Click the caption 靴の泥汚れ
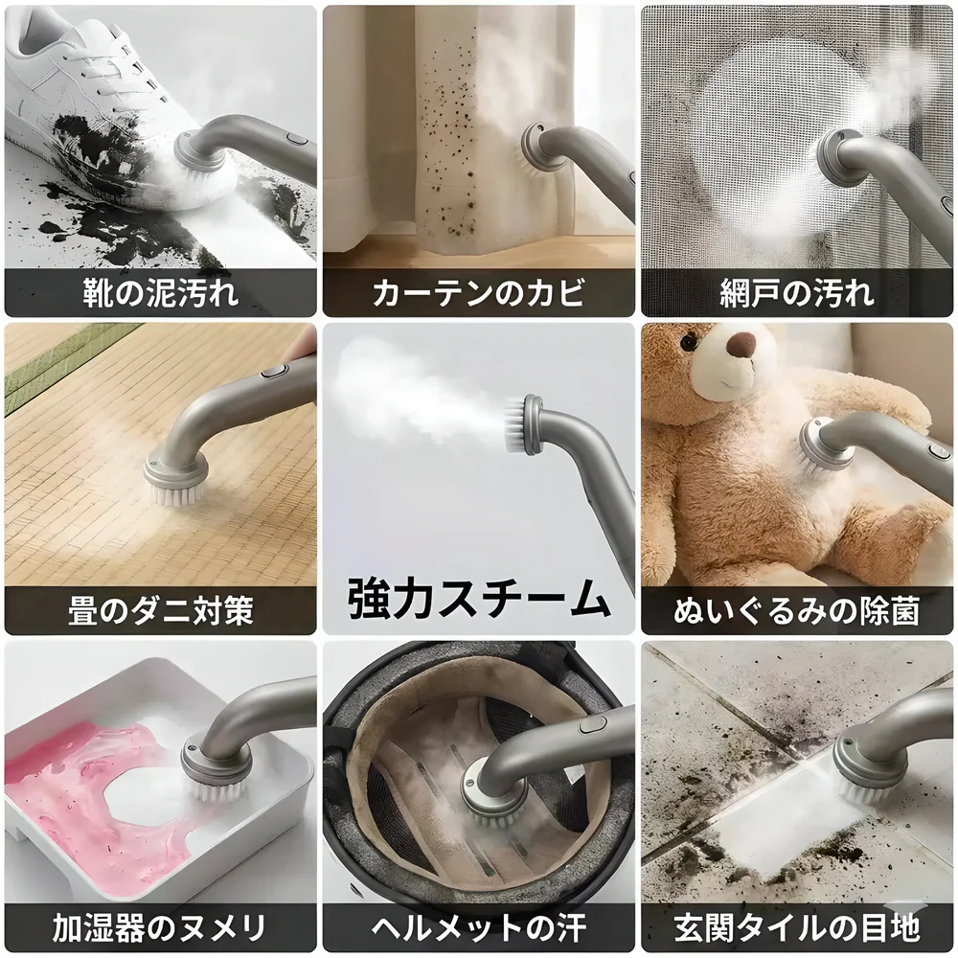pos(161,293)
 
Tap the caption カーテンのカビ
pos(479,293)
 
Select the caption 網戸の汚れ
pos(797,293)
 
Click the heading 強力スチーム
pos(479,598)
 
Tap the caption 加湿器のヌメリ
pos(161,928)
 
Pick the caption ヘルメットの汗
pos(479,928)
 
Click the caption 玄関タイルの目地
pos(797,928)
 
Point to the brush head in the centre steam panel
pos(517,424)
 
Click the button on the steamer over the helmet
pos(589,725)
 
